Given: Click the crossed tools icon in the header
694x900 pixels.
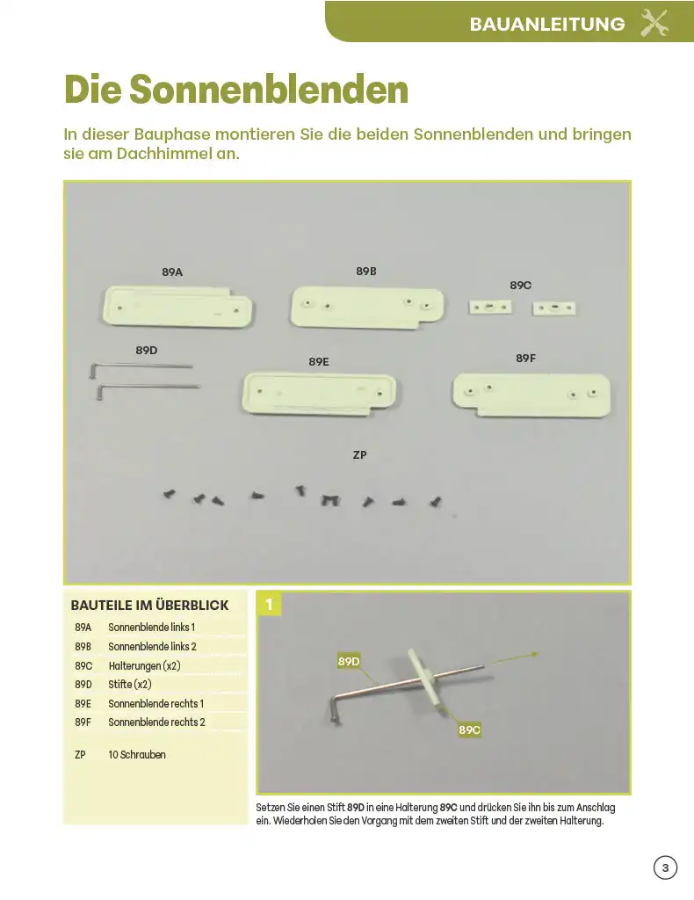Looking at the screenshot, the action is pos(654,24).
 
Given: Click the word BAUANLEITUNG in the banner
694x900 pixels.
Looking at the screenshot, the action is pos(547,24).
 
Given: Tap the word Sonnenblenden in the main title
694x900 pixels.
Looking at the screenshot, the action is pos(269,90).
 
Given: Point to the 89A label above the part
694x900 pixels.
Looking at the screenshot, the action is pos(172,272).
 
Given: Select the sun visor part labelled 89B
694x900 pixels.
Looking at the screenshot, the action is pos(367,308).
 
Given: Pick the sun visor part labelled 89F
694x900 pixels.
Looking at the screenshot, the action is pos(531,395).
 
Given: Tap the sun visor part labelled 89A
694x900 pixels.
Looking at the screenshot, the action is pos(177,307).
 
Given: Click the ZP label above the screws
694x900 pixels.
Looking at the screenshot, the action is pos(359,455).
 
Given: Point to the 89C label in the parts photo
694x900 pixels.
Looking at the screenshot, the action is pos(521,286).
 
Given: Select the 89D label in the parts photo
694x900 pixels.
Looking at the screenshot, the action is pos(146,350).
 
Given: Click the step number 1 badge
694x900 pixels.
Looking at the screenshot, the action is pos(269,604).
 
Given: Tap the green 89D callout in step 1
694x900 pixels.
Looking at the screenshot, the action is pos(349,661).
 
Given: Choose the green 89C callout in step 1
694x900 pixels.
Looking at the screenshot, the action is pos(469,730).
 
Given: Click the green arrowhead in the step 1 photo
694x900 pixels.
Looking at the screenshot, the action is pos(534,654).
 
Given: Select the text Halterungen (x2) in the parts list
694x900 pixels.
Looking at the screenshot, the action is pos(145,666).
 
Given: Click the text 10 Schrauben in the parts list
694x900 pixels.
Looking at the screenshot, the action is pos(137,755).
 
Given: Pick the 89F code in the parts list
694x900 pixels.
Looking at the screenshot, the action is pos(83,722).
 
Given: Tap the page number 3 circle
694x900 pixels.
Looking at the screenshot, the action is pos(665,867).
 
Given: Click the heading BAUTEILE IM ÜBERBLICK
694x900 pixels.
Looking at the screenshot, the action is pos(149,605).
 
